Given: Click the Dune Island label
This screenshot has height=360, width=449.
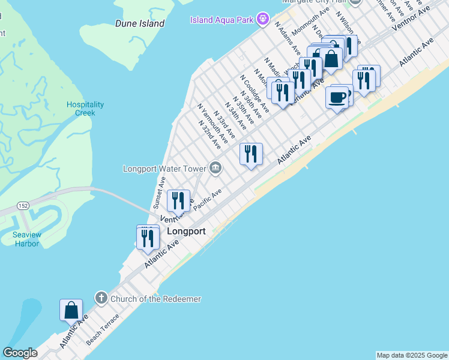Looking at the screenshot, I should (140, 23).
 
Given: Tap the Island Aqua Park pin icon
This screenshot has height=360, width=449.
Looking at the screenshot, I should (262, 20).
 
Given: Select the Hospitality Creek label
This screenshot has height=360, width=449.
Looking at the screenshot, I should (85, 109).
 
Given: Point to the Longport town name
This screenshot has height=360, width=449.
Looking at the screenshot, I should (186, 231).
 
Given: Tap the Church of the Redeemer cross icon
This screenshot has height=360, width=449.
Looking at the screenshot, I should (101, 298).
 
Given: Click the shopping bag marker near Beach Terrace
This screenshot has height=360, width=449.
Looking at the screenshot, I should (71, 310).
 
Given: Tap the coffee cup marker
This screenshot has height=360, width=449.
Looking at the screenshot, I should (337, 97).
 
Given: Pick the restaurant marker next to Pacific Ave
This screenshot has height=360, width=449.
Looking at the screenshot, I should (178, 200).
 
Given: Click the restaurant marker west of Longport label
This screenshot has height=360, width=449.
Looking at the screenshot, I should (147, 238).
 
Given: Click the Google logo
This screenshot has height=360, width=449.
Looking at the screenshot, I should (20, 353).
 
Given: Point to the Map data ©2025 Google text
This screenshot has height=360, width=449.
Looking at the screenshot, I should (412, 355).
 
